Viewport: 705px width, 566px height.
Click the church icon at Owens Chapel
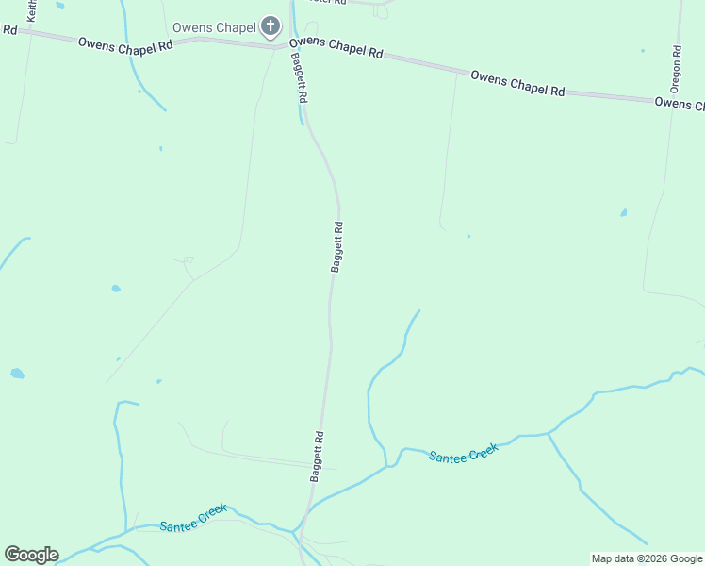[271, 26]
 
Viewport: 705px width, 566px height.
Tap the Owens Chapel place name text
[214, 27]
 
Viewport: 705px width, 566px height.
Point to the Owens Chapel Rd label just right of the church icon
[336, 47]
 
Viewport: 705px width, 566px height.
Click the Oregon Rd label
[676, 69]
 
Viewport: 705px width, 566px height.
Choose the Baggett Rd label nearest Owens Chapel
[300, 76]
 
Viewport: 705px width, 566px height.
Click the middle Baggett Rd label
[336, 247]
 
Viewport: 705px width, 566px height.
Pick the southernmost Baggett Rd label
[318, 457]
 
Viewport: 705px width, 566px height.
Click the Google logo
[31, 555]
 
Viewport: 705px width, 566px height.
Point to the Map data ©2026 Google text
[647, 558]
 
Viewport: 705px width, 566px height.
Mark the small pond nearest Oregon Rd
[624, 213]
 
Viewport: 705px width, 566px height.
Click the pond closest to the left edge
[17, 374]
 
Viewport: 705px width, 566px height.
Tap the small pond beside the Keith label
[60, 6]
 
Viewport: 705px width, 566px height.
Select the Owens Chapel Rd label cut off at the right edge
[679, 103]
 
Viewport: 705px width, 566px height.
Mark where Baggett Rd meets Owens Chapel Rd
[288, 43]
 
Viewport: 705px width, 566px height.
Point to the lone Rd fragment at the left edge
[9, 29]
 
